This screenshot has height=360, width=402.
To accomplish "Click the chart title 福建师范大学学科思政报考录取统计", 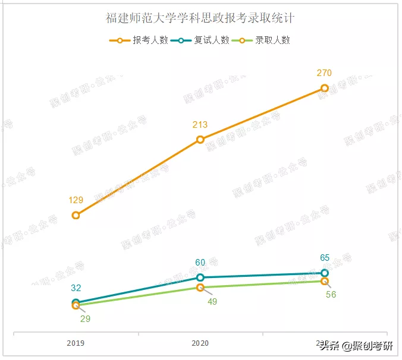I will (200, 18).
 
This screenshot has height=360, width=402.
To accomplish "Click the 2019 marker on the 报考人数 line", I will (76, 215).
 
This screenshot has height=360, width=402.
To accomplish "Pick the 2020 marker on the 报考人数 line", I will (200, 140).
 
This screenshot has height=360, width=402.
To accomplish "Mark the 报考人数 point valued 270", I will (324, 88).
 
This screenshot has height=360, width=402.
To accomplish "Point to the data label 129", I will (76, 200).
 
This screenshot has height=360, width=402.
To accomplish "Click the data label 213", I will (200, 125).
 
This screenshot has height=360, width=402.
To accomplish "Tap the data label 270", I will (324, 73).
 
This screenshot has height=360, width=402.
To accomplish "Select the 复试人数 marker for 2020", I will (200, 277).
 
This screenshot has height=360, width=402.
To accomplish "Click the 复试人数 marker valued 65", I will (325, 273).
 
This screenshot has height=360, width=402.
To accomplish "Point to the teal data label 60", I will (200, 263).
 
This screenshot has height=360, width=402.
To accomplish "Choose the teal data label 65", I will (325, 258).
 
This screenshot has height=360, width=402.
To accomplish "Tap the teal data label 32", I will (76, 288).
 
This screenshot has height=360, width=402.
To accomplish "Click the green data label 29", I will (85, 319).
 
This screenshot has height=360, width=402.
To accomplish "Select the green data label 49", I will (212, 301).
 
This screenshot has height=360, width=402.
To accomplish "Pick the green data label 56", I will (331, 295).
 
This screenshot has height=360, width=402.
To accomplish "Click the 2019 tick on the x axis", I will (76, 343).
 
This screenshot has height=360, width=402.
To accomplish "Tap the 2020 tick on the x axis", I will (200, 343).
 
